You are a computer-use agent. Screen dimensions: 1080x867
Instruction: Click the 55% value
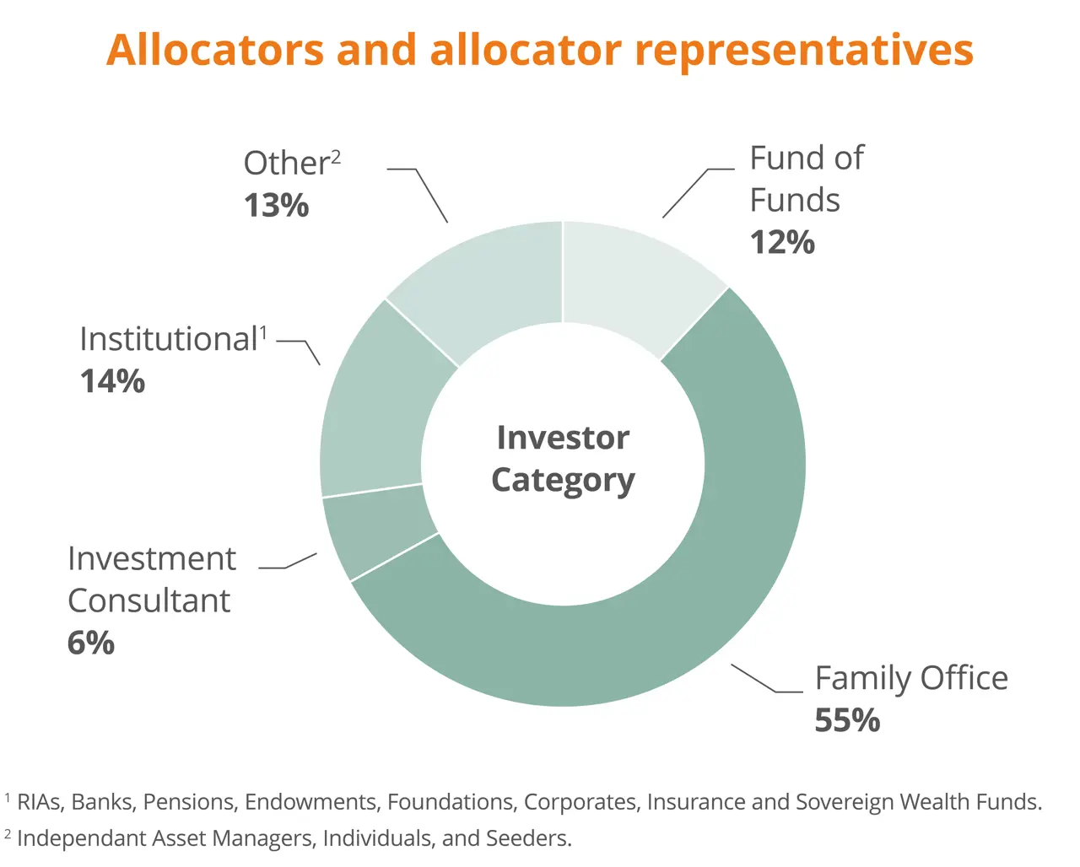[847, 720]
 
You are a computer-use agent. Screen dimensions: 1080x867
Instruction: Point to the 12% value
[782, 242]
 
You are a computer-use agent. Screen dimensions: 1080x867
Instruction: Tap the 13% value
[276, 205]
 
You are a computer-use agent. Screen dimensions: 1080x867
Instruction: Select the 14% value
[112, 381]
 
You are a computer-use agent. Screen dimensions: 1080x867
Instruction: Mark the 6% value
[91, 643]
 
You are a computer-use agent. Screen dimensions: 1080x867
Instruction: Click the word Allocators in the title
[215, 50]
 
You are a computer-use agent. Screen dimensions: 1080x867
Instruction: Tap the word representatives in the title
[804, 51]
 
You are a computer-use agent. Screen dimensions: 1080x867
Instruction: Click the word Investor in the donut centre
[563, 438]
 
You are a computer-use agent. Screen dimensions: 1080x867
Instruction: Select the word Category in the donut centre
[563, 482]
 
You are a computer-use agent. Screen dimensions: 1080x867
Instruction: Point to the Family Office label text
[911, 679]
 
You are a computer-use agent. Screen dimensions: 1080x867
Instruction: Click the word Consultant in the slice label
[149, 600]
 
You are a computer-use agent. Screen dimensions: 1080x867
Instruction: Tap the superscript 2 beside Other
[336, 158]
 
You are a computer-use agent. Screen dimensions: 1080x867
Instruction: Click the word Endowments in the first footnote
[310, 802]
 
